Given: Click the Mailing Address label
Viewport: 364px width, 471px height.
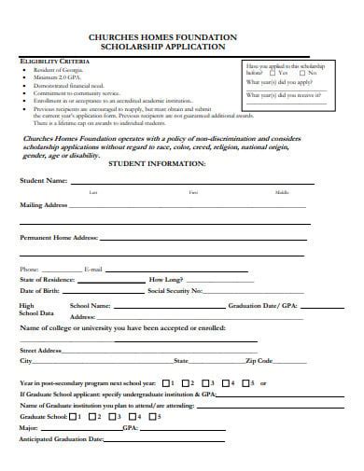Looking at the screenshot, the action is [43, 203].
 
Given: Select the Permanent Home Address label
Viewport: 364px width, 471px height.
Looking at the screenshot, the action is [59, 238].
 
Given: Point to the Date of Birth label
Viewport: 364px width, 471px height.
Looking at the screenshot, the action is [40, 291].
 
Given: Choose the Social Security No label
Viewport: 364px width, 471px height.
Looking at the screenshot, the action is [175, 291].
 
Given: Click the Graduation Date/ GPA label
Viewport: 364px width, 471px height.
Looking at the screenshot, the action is [267, 306].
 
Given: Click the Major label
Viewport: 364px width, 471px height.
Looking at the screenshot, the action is [29, 428].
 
